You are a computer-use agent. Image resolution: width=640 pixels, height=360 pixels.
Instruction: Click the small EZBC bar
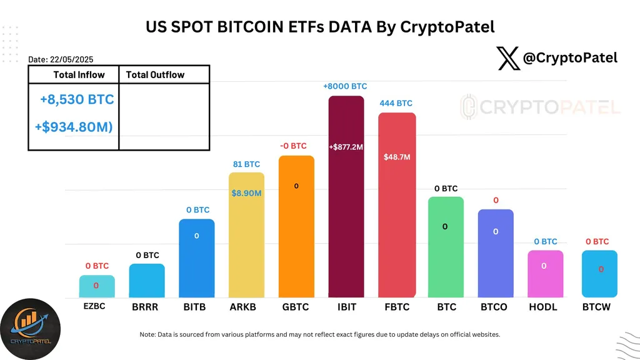coord(97,286)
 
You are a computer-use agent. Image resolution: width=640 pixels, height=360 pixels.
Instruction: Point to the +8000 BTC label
coord(345,87)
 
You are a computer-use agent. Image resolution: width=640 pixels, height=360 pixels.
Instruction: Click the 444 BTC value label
coord(396,103)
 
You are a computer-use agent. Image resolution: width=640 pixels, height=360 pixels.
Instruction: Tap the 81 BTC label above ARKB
coord(246,164)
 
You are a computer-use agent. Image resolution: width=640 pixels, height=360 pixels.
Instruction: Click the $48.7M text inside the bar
coord(396,157)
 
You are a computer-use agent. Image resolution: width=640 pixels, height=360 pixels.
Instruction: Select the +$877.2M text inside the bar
coord(346,147)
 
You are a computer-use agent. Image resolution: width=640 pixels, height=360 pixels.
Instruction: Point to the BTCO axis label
coord(495,307)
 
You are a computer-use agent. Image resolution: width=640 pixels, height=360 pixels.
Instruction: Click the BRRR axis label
coord(146,307)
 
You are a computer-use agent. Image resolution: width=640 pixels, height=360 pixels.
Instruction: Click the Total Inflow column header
coord(74,75)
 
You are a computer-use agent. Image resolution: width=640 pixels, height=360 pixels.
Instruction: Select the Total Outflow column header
coord(155,75)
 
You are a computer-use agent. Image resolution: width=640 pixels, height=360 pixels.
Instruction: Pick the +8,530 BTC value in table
coord(77,99)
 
